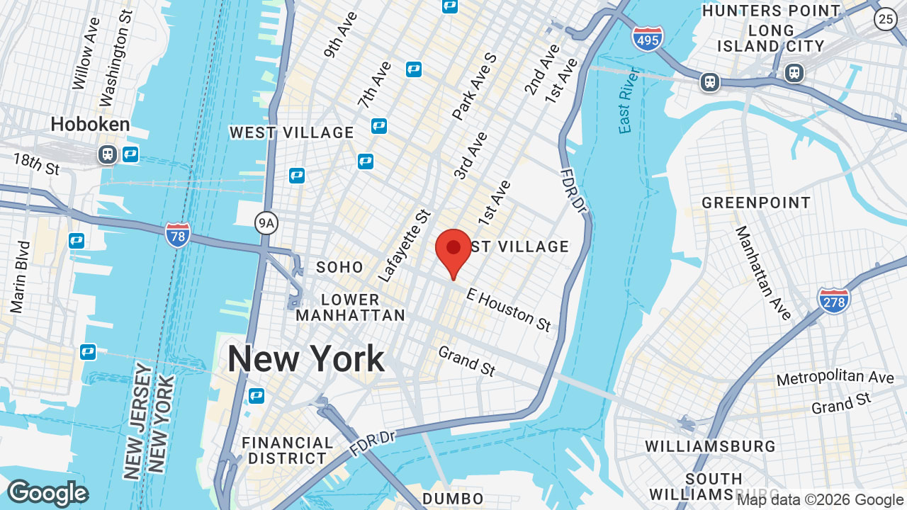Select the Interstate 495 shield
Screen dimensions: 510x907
pos(648,38)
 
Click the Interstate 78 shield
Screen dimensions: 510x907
pos(177,234)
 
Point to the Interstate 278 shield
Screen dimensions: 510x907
pos(833,300)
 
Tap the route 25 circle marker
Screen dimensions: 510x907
pos(886,19)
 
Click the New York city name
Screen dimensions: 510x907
pos(305,359)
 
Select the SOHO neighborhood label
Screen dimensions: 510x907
pos(339,267)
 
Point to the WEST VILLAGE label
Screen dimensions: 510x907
pos(291,132)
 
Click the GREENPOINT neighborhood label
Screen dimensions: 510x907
pos(756,203)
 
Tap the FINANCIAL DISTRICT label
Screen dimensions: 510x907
pos(287,450)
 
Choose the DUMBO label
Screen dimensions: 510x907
pos(453,499)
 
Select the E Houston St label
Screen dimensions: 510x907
pos(508,310)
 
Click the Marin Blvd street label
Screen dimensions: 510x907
pos(21,277)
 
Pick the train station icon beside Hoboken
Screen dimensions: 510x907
pos(108,154)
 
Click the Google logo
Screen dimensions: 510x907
pos(47,493)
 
